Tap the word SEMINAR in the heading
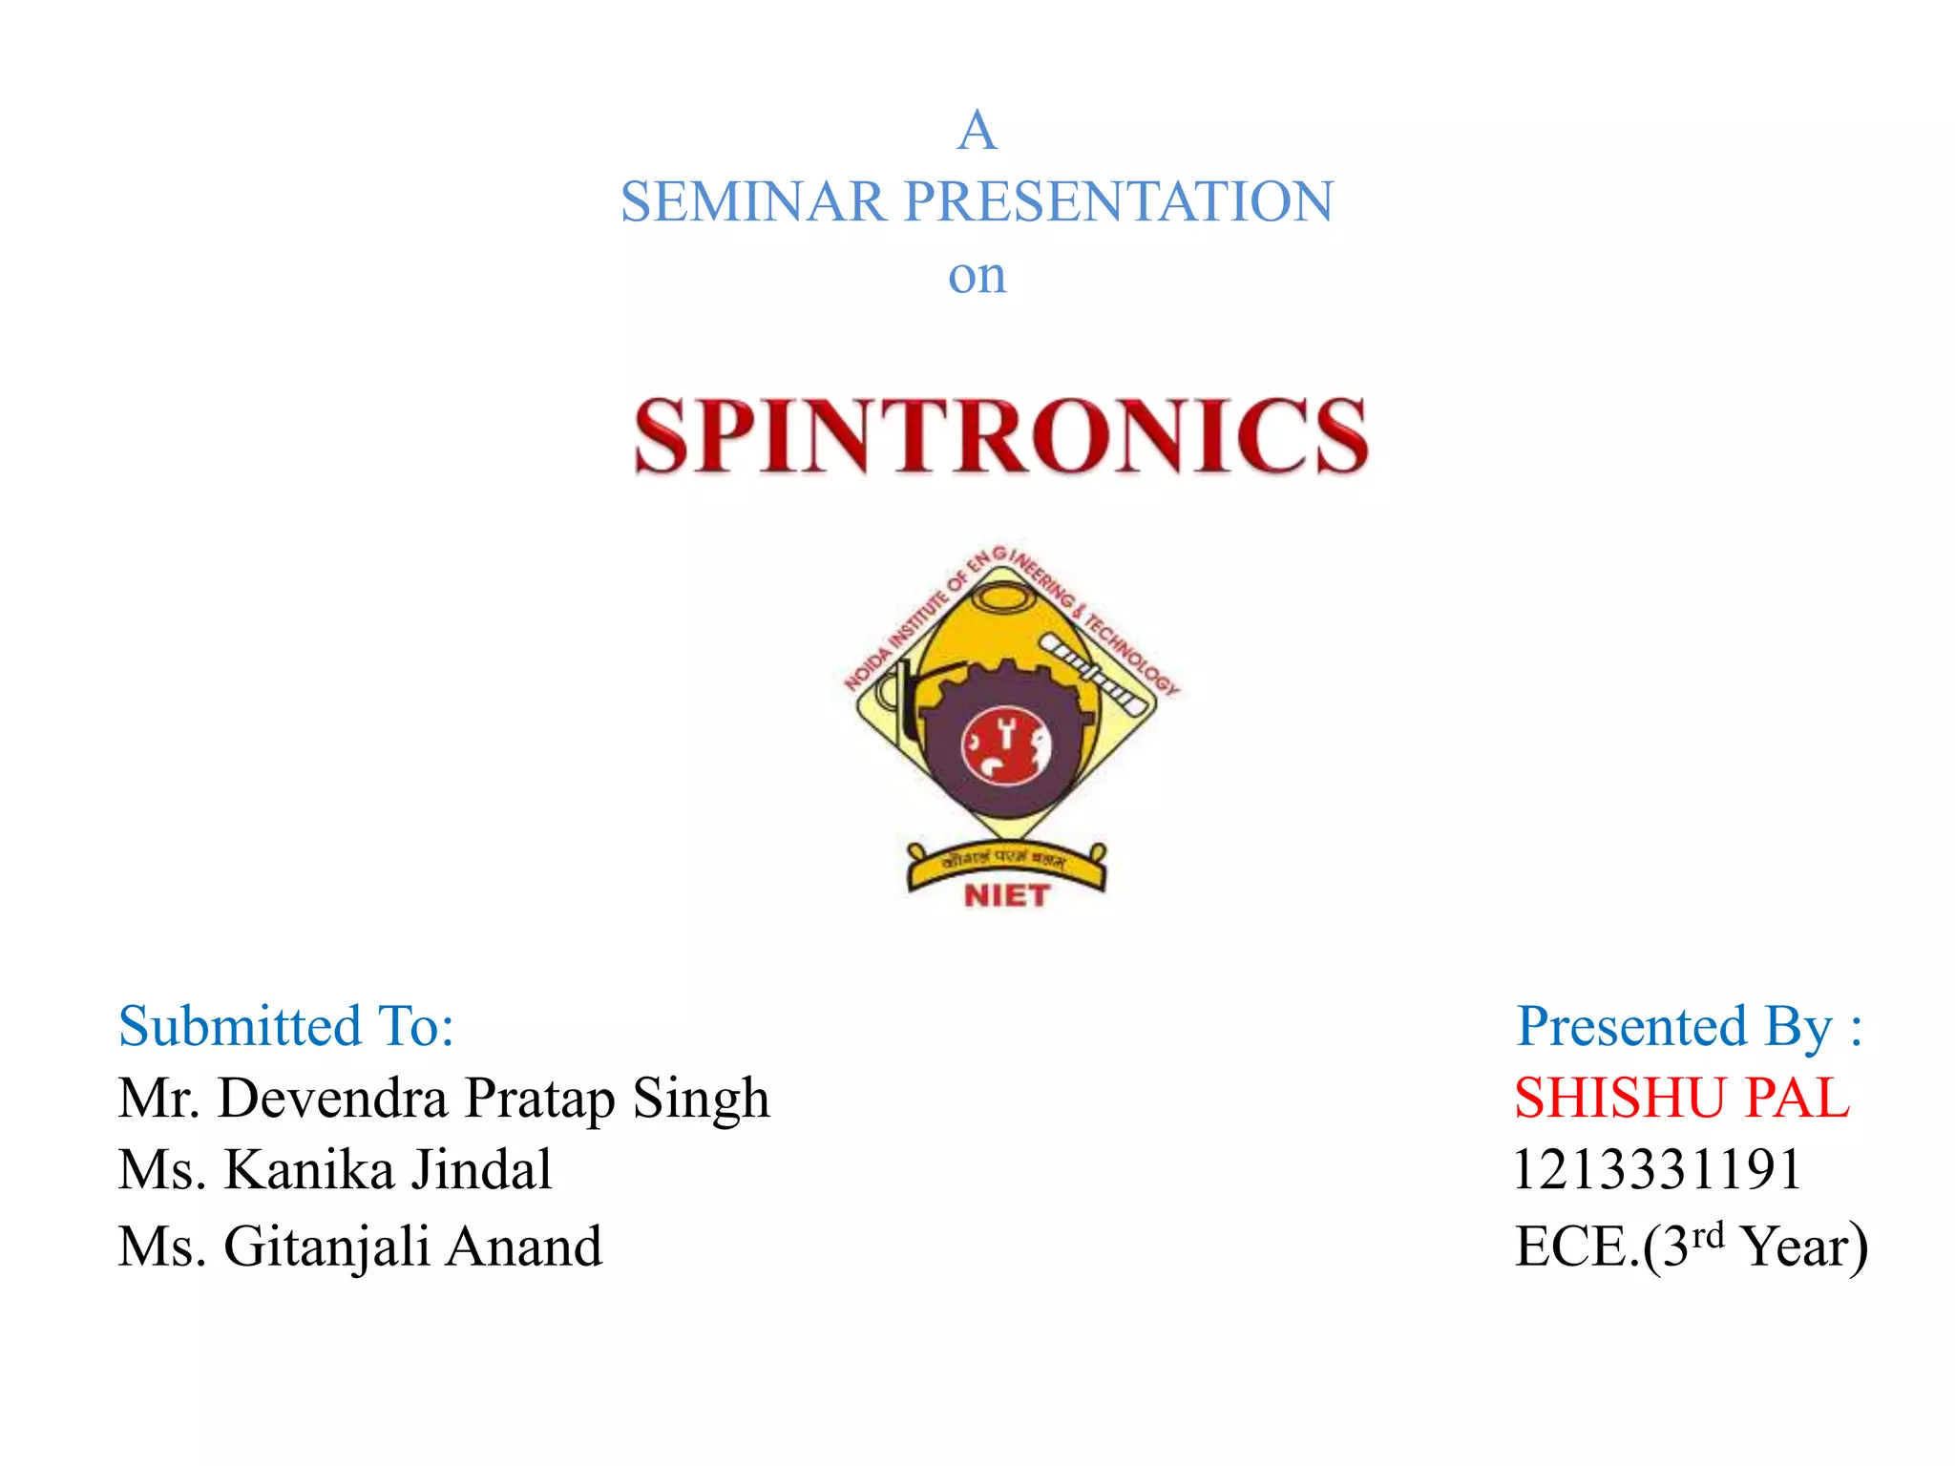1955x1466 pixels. tap(752, 202)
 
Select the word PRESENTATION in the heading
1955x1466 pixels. tap(1118, 202)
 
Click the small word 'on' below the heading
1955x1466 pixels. tap(977, 277)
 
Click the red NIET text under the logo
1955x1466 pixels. tap(1006, 895)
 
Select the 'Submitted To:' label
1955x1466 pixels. tap(286, 1027)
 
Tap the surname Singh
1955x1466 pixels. tap(701, 1098)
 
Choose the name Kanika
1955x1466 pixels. tap(308, 1170)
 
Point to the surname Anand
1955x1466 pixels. tap(524, 1246)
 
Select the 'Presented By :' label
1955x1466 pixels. tap(1689, 1027)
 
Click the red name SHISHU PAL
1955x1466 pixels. tap(1682, 1098)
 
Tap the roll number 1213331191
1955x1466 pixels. tap(1658, 1170)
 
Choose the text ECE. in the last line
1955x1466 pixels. tap(1576, 1246)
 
